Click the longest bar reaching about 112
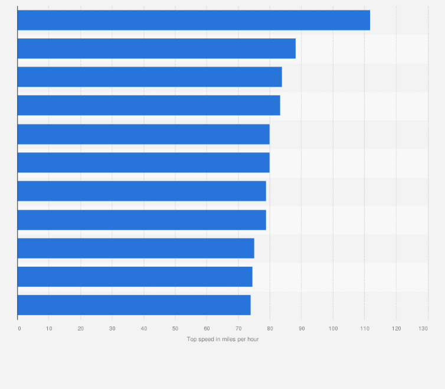[194, 20]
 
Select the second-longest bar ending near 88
[156, 48]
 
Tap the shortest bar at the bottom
[134, 305]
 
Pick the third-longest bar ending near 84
[149, 77]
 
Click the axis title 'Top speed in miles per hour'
[222, 339]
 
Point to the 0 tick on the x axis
[19, 328]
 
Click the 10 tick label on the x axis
[49, 328]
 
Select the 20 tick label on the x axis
[81, 328]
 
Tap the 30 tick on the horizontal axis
[112, 328]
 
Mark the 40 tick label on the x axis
[144, 328]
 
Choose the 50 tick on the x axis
[175, 328]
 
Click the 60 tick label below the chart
[207, 328]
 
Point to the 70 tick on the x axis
[238, 328]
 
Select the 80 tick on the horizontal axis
[270, 328]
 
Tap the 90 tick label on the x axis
[302, 328]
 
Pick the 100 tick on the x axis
[333, 328]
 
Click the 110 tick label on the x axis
[364, 328]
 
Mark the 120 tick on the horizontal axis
[396, 328]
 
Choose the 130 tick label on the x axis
[424, 328]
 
